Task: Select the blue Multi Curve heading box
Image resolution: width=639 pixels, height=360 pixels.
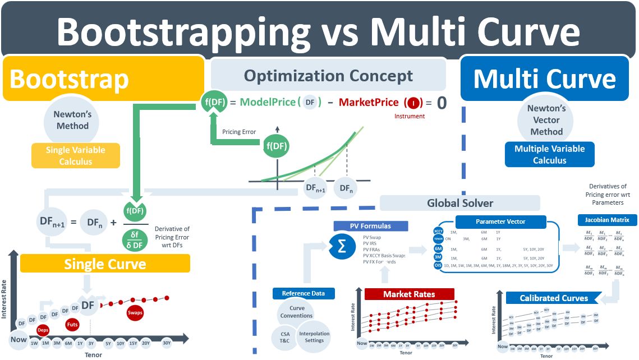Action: (544, 79)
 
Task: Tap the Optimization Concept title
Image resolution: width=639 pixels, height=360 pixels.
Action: (328, 76)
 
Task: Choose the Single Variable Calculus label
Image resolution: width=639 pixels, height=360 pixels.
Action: (75, 155)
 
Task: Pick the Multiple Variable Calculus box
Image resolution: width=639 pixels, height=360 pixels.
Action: (549, 155)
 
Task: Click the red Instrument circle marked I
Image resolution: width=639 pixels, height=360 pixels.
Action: (413, 103)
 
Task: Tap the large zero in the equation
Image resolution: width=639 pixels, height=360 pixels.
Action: (442, 103)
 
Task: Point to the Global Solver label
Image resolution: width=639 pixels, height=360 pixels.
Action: (459, 202)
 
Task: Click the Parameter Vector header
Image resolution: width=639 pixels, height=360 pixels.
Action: (500, 221)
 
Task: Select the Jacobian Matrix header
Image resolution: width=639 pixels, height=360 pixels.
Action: (607, 220)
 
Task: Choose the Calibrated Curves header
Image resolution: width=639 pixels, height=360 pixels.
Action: (554, 298)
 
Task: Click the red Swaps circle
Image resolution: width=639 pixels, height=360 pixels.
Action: (135, 312)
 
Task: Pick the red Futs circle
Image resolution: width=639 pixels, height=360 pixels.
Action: (72, 324)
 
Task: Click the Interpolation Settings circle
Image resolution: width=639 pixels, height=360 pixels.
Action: (314, 336)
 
